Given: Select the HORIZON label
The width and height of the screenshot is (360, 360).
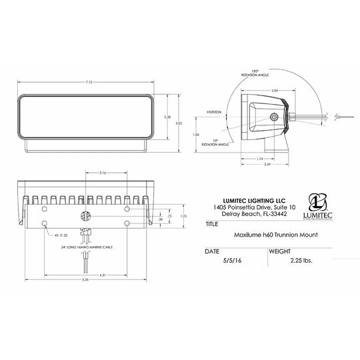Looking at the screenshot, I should (214, 112).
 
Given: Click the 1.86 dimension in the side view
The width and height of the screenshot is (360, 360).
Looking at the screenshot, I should (196, 134).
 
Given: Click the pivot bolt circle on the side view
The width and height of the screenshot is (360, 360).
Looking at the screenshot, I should (275, 117).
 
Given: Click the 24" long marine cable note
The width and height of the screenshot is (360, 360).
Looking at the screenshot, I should (87, 246).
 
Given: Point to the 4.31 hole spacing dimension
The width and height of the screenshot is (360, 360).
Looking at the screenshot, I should (86, 275).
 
